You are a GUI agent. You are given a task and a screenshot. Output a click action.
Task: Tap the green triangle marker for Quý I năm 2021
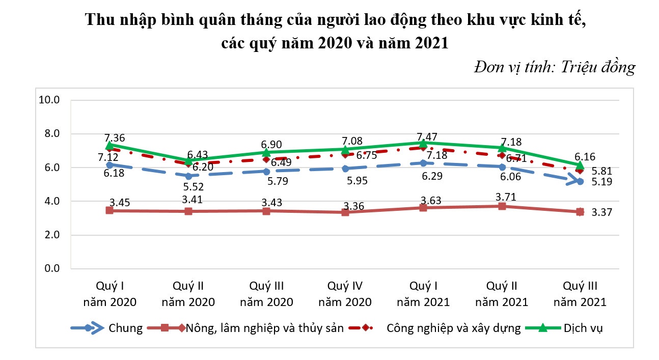423,143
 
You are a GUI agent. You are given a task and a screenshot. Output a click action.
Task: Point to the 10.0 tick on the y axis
50,100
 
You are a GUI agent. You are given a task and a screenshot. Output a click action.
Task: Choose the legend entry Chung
125,327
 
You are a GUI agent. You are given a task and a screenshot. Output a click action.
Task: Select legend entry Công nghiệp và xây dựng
453,327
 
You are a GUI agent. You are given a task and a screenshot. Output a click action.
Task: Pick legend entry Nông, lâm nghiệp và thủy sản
262,327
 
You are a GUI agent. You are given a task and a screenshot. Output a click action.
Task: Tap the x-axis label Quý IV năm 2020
345,293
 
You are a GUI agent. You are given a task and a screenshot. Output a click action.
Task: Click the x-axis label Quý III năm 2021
580,293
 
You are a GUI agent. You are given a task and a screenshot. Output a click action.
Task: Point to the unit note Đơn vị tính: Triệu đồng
554,67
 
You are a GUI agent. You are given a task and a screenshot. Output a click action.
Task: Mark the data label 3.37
601,212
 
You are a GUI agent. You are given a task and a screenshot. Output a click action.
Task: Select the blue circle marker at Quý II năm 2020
188,176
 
